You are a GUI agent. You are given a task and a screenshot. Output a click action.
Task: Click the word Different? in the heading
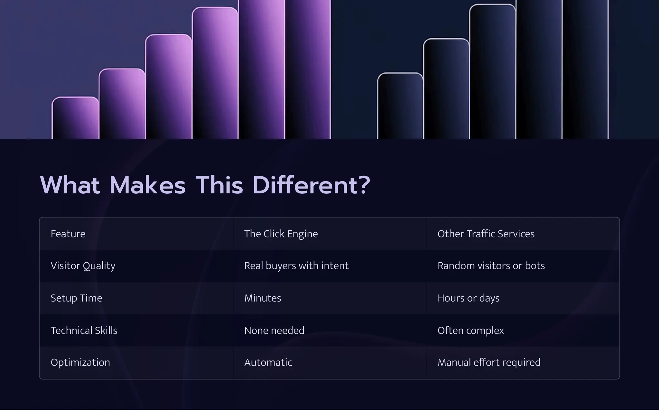tap(311, 185)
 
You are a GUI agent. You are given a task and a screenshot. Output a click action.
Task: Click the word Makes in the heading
tap(148, 185)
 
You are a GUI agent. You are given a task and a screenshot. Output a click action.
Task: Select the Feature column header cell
tap(68, 234)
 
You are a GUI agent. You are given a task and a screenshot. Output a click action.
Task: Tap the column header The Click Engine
tap(281, 234)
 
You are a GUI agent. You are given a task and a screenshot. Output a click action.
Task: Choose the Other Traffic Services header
tap(486, 234)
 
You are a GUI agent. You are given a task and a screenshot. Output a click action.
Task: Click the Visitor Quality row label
tap(83, 266)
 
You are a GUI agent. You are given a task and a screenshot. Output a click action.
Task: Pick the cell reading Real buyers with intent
tap(296, 266)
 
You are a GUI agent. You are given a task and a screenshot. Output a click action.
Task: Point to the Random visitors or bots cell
tap(491, 266)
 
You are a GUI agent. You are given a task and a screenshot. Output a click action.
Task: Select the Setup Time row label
tap(77, 298)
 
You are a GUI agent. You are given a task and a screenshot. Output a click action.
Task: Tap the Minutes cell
tap(263, 298)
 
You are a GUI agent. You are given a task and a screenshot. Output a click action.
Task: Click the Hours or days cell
tap(469, 298)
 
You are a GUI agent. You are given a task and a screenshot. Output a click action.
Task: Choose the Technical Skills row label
tap(84, 331)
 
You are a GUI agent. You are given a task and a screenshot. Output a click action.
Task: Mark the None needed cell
tap(274, 331)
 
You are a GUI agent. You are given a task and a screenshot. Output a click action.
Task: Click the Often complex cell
tap(471, 331)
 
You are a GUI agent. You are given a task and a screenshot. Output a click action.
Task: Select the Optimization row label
tap(80, 362)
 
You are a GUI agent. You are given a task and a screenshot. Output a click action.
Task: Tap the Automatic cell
tap(268, 362)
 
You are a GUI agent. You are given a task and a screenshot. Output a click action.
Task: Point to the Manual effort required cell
tap(489, 362)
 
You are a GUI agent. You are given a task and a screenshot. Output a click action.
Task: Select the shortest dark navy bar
tap(400, 106)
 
